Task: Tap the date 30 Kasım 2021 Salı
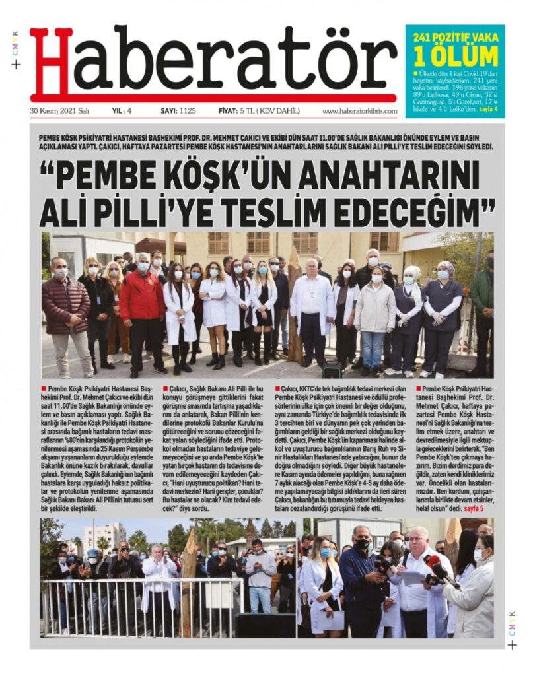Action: pyautogui.click(x=59, y=111)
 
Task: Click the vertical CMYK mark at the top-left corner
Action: pyautogui.click(x=15, y=42)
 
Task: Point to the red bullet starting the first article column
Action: pyautogui.click(x=43, y=389)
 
